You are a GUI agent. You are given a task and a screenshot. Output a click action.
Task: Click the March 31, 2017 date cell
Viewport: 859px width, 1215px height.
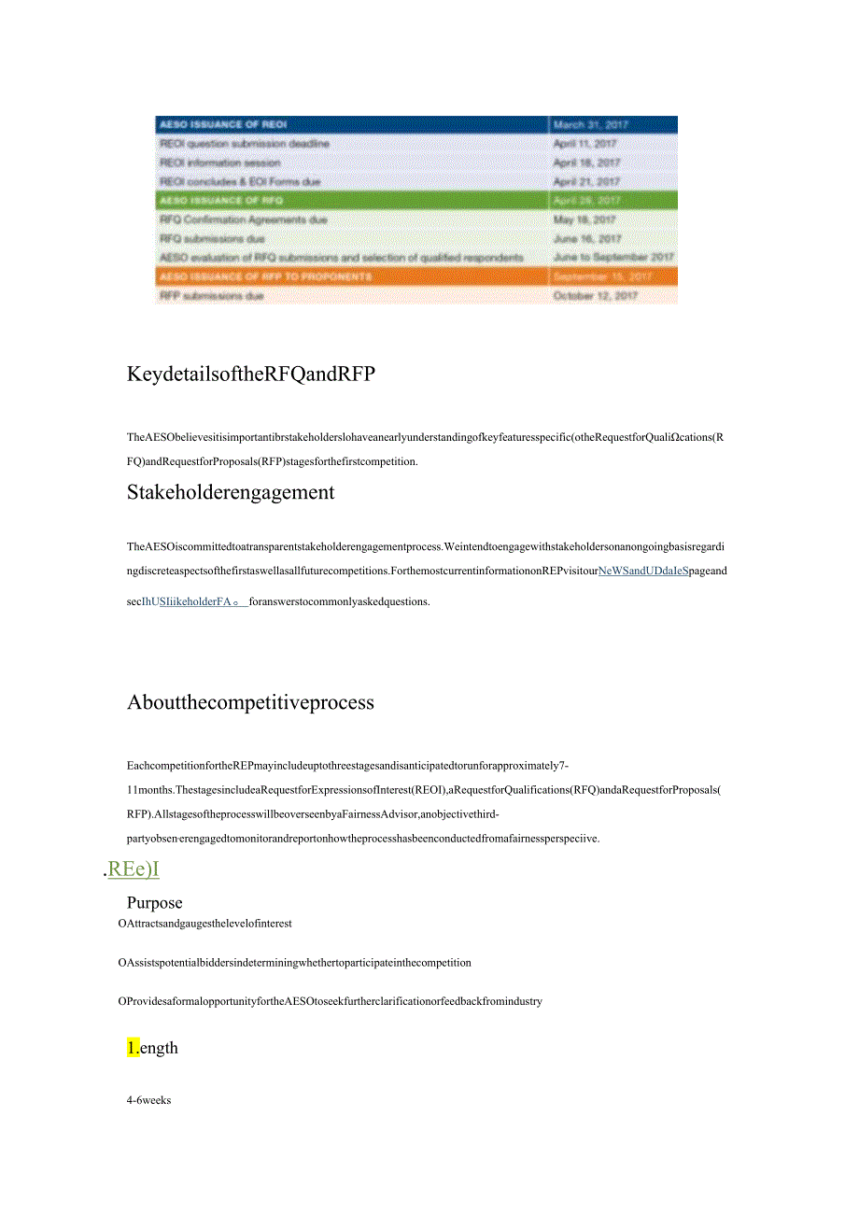591,125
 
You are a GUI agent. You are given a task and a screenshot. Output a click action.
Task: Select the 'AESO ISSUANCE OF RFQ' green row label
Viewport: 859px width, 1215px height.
221,201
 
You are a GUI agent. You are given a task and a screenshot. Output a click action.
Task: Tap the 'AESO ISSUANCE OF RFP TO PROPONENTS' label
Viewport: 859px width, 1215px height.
265,276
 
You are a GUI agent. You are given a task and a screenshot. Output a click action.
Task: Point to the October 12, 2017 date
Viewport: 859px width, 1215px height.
596,295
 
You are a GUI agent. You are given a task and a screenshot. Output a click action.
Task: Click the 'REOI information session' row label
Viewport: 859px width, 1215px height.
220,162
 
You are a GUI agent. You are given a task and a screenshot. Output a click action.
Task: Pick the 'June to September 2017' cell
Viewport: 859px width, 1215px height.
613,257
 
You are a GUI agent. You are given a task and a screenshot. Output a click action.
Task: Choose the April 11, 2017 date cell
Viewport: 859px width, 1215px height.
585,144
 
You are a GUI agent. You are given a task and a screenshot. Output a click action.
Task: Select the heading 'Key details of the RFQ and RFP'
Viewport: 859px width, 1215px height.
250,374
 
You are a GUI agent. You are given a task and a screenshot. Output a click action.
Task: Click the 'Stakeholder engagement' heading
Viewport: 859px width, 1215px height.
231,492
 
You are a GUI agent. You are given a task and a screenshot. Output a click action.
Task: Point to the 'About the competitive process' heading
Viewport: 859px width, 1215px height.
250,702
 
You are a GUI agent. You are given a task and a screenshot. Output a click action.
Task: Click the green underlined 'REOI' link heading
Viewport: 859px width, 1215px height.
134,869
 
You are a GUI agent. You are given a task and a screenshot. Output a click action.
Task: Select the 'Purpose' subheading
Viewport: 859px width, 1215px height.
155,903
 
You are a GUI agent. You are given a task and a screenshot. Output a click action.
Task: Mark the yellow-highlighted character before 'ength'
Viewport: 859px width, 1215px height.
133,1048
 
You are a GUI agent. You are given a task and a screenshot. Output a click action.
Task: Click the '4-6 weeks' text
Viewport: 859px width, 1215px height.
149,1100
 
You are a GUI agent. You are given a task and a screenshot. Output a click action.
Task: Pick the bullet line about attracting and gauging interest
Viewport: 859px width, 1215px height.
205,924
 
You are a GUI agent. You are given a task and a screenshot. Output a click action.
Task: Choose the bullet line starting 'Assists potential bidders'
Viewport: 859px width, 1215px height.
295,963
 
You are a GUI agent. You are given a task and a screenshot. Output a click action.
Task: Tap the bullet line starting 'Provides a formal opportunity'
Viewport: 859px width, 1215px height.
331,1001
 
